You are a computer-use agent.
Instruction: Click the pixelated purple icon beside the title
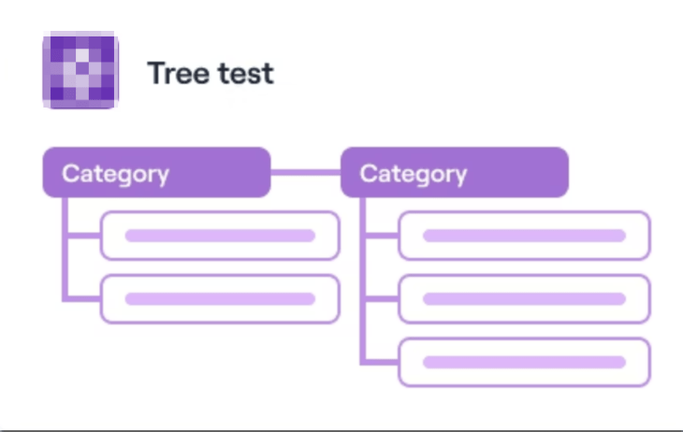80,70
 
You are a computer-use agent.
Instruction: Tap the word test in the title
246,73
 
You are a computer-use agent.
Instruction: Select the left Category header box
157,172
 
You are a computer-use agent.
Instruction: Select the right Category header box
455,172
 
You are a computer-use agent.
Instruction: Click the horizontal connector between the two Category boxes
306,172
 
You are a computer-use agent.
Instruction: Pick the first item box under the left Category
220,236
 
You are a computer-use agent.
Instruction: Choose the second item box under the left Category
220,298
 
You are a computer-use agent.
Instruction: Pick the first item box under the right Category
525,236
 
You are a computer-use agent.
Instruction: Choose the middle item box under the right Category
525,298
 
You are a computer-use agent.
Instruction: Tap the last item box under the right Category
525,362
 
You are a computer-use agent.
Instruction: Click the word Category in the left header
115,175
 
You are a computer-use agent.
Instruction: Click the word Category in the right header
414,175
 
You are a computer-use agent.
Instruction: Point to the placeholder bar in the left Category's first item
220,236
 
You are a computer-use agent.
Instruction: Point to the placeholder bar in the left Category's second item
220,298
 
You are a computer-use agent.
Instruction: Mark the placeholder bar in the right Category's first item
525,236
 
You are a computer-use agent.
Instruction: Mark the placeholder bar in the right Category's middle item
525,298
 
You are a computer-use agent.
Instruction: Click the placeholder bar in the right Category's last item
525,362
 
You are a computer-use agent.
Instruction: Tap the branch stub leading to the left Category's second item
82,298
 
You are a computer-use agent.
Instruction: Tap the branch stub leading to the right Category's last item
380,362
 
